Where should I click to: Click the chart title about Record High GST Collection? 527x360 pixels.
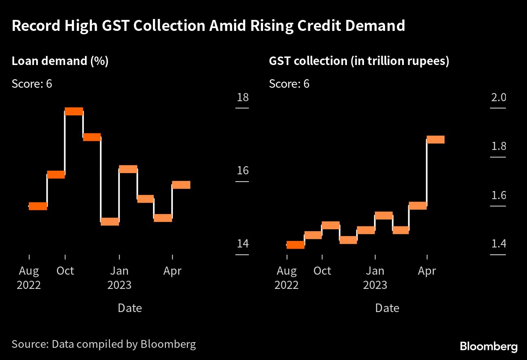pyautogui.click(x=208, y=26)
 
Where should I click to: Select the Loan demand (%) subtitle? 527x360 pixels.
pyautogui.click(x=60, y=61)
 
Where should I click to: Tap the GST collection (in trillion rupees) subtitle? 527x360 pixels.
pyautogui.click(x=359, y=61)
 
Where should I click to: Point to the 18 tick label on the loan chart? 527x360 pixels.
pyautogui.click(x=242, y=98)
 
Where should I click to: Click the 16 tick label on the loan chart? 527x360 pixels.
pyautogui.click(x=242, y=170)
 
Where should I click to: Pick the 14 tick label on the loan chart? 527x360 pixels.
pyautogui.click(x=242, y=244)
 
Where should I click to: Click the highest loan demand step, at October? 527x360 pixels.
pyautogui.click(x=74, y=111)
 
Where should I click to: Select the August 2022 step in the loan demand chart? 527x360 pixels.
pyautogui.click(x=38, y=206)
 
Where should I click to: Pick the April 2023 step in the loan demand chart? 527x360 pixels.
pyautogui.click(x=181, y=185)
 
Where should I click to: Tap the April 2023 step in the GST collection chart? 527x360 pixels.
pyautogui.click(x=436, y=140)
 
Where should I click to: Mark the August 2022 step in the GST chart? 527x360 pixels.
pyautogui.click(x=295, y=245)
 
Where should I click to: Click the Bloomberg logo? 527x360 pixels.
pyautogui.click(x=489, y=347)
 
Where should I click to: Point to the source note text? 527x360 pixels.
pyautogui.click(x=104, y=344)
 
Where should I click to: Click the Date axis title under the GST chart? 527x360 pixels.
pyautogui.click(x=387, y=308)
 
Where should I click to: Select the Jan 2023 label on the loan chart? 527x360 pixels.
pyautogui.click(x=119, y=278)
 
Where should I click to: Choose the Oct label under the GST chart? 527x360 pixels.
pyautogui.click(x=322, y=271)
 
